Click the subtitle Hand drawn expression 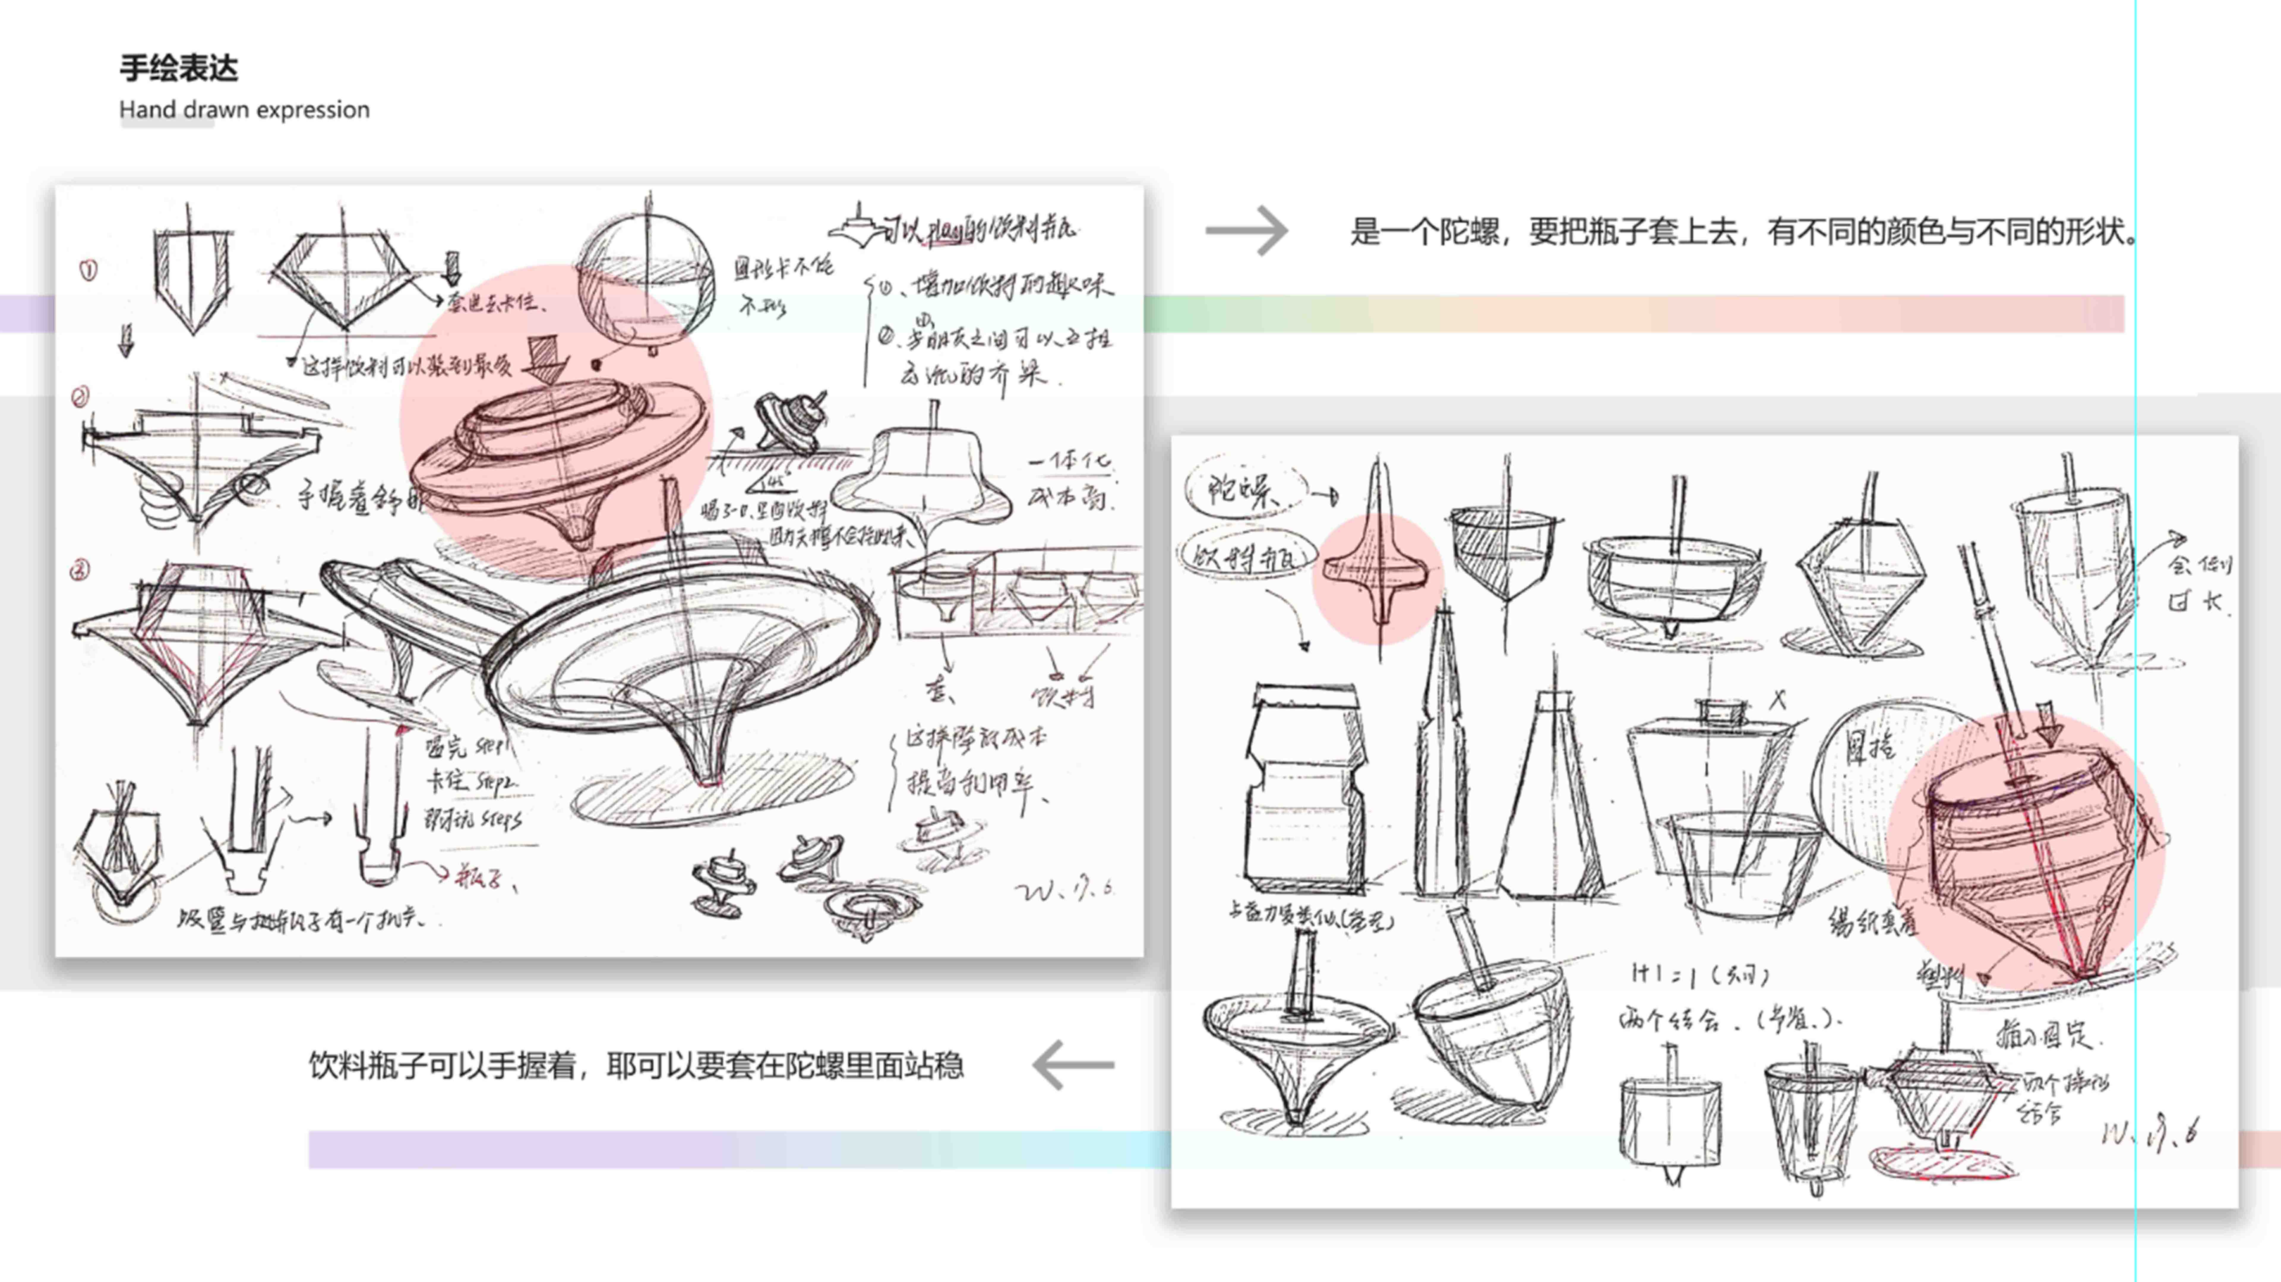point(244,110)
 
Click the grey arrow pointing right point(1247,231)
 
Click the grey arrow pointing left point(1073,1065)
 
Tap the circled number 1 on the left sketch point(88,270)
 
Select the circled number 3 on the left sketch point(80,570)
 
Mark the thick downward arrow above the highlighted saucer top point(546,357)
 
